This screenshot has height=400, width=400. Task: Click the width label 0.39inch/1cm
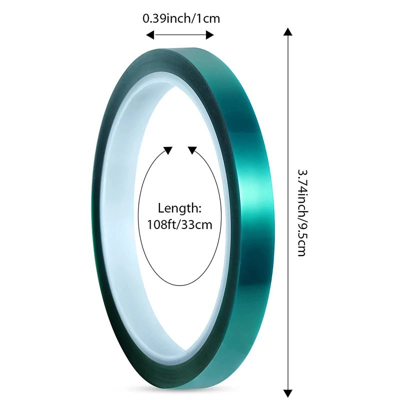181,18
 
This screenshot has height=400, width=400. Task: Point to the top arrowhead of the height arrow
287,33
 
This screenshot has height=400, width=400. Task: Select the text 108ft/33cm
179,224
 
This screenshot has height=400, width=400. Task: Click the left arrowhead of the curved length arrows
168,149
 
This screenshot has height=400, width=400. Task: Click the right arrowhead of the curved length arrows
191,149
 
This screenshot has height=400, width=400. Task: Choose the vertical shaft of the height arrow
287,210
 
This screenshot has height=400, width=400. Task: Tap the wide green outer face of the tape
250,210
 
